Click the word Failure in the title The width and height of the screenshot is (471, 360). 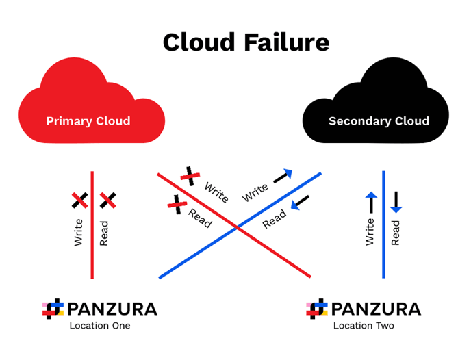tap(287, 42)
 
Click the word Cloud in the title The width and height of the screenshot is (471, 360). tap(199, 42)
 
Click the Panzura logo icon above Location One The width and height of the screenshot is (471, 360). tap(53, 309)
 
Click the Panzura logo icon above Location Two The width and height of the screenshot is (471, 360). tap(317, 309)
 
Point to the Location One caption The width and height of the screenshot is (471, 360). tap(100, 326)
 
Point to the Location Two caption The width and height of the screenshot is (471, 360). tap(364, 326)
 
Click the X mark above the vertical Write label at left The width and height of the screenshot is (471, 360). tap(79, 201)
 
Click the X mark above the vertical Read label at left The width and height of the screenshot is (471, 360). tap(108, 201)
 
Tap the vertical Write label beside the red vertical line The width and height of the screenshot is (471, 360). tap(79, 233)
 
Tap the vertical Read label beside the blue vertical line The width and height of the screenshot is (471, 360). tap(396, 233)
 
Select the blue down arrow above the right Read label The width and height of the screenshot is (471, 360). tap(396, 202)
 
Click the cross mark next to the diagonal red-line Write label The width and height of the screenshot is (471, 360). tap(190, 177)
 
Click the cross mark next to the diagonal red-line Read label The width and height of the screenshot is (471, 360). tap(177, 205)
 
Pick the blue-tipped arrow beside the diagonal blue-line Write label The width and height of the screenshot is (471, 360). tap(283, 177)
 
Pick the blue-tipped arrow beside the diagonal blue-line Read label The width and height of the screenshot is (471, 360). tap(300, 203)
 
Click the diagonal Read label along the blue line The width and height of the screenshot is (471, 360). tap(275, 219)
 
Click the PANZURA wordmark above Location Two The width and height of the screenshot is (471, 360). tap(376, 309)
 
